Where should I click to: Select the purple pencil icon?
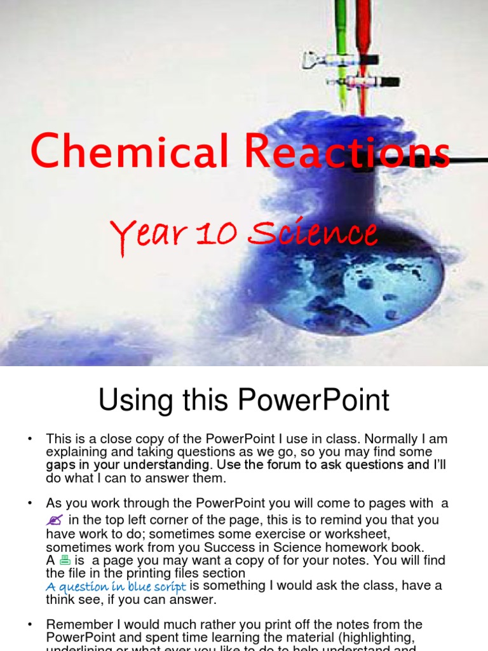[54, 520]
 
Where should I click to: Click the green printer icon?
[65, 560]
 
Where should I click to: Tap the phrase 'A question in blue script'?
[116, 586]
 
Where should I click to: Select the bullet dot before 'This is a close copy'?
[29, 439]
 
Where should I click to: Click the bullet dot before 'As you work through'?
[29, 504]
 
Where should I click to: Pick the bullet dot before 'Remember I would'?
[29, 625]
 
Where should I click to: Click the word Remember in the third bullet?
[75, 625]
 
